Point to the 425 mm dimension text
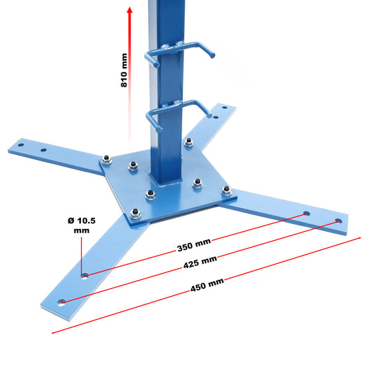[x=200, y=264]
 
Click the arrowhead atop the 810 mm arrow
[x=129, y=11]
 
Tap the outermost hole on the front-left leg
[x=63, y=302]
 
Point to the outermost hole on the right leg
[x=339, y=221]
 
